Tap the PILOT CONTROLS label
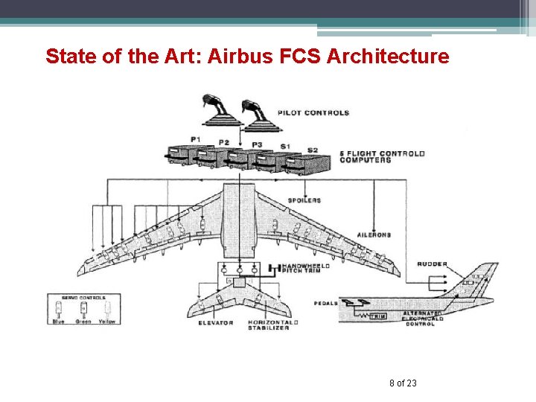point(313,113)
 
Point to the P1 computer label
point(195,140)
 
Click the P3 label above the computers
point(258,144)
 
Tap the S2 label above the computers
point(313,150)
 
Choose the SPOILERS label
point(304,200)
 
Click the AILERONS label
point(373,234)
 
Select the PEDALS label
point(327,303)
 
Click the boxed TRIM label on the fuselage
point(378,316)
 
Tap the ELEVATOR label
point(216,323)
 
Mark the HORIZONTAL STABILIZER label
point(272,325)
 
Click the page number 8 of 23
point(403,383)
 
